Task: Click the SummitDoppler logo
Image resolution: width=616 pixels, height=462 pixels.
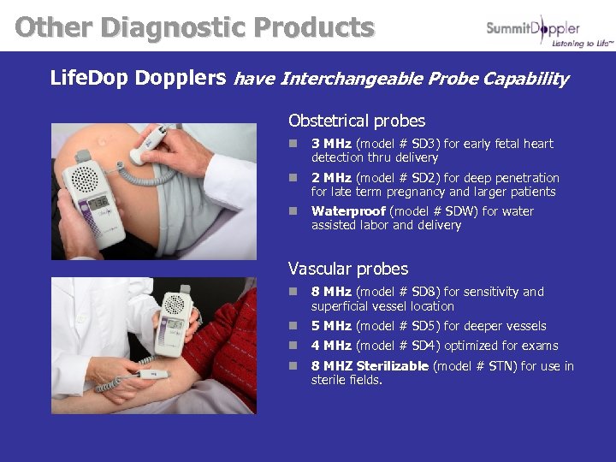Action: [x=549, y=32]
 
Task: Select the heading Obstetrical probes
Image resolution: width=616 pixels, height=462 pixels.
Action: [x=357, y=121]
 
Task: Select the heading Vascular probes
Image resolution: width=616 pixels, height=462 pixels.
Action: [x=348, y=269]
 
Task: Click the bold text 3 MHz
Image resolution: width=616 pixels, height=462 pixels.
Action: [x=331, y=144]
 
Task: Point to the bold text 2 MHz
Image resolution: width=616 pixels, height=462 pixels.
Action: [x=331, y=178]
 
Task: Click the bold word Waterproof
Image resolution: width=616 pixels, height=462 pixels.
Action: [x=348, y=211]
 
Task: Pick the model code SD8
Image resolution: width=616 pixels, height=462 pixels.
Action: [x=425, y=292]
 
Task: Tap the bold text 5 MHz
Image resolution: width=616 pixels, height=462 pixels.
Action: [x=331, y=326]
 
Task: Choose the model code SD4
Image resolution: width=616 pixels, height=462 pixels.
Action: [x=425, y=346]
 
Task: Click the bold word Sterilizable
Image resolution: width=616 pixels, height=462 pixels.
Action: [x=392, y=366]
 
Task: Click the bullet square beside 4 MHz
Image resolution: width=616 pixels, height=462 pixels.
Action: [x=293, y=345]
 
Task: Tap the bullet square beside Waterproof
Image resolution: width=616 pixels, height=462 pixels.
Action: [x=293, y=211]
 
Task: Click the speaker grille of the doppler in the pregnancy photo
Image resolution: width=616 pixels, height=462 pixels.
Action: [x=85, y=179]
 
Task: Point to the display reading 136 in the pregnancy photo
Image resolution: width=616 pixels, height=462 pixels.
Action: [x=98, y=203]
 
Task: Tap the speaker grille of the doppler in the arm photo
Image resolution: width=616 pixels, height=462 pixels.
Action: [x=174, y=305]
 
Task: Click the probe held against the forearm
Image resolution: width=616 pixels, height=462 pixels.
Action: [x=153, y=375]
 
